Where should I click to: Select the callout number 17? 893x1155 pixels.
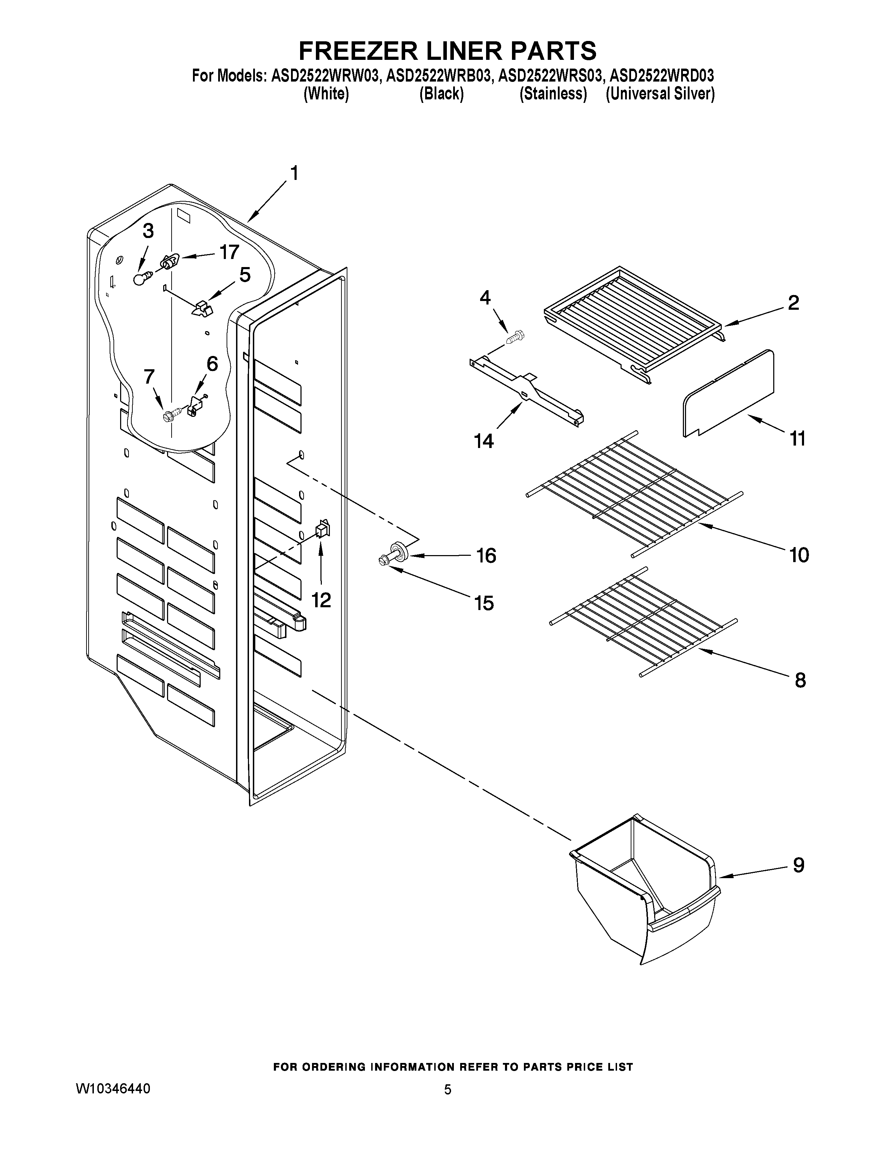(229, 252)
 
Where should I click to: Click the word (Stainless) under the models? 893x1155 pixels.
(553, 94)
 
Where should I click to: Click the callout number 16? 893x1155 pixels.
(486, 555)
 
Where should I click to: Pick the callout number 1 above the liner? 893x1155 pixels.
(294, 173)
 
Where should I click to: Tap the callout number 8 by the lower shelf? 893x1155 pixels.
(800, 680)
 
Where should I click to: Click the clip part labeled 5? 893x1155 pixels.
(201, 308)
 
